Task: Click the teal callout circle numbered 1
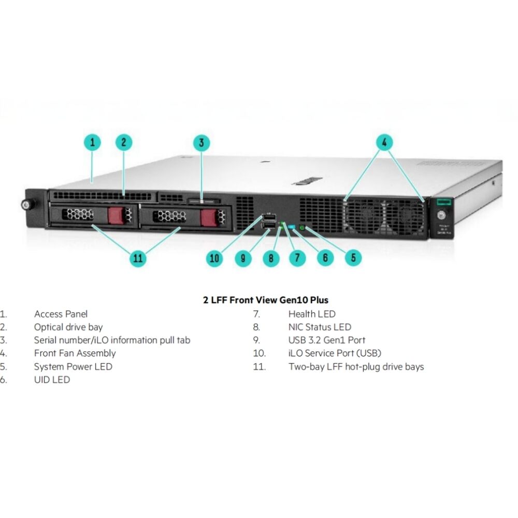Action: coord(93,142)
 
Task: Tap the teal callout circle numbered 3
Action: coord(202,142)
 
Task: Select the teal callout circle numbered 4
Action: coord(384,142)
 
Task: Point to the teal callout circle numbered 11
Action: coord(138,258)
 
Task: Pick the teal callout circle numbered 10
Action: coord(215,258)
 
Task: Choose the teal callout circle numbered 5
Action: coord(353,258)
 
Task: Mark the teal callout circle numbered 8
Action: coord(270,258)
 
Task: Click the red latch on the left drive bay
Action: coord(117,214)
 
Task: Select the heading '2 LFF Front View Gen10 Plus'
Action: coord(266,300)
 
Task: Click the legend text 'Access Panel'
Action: coord(61,314)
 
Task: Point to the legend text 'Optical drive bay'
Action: coord(68,327)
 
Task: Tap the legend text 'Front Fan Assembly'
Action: coord(75,353)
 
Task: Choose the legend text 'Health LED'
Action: coord(312,314)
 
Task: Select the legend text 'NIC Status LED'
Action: coord(320,327)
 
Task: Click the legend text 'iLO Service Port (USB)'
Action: coord(335,353)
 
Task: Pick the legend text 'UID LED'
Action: coord(52,380)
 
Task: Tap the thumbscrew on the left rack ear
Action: coord(25,204)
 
